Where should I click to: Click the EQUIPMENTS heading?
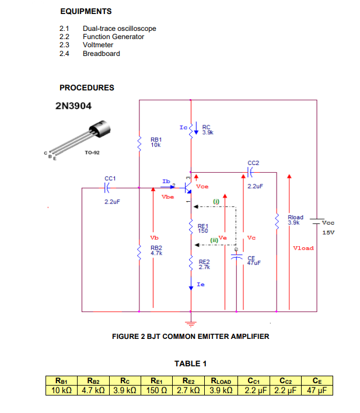tap(85, 12)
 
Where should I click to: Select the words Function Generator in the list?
tap(113, 37)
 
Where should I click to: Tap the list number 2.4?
tap(64, 54)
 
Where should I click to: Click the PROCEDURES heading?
tap(87, 88)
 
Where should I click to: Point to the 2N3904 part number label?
tap(73, 107)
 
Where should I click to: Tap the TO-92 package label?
tap(90, 152)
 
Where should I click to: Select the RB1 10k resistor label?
tap(156, 142)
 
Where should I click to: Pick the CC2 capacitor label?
tap(253, 163)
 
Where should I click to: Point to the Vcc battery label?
tap(328, 222)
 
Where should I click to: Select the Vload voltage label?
tap(303, 248)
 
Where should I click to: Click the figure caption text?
tap(190, 337)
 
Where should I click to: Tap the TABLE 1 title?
tap(190, 364)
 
